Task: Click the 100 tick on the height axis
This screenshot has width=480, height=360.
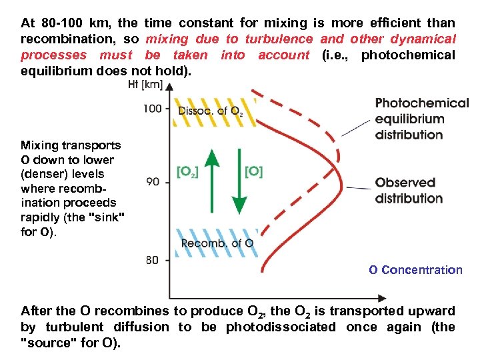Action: click(153, 108)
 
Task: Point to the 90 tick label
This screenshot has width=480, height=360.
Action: click(153, 181)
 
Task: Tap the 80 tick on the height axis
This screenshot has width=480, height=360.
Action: click(153, 260)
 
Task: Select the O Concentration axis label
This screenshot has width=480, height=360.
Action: click(415, 270)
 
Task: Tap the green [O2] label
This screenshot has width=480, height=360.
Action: click(188, 172)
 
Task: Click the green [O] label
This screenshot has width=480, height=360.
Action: click(253, 172)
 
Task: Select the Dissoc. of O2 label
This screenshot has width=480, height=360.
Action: click(209, 111)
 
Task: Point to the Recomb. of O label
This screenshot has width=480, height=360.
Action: click(217, 243)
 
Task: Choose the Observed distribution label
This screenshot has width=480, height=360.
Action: click(409, 190)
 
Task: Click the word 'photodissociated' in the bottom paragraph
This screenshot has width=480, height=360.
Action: click(281, 327)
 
